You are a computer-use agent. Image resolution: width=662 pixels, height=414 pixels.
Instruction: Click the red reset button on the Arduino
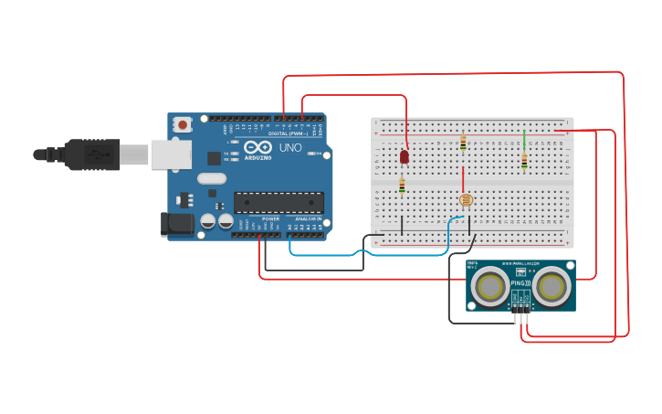183,124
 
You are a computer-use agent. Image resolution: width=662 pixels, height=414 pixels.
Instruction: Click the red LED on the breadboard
405,157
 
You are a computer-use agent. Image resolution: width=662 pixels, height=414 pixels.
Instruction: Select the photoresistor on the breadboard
465,199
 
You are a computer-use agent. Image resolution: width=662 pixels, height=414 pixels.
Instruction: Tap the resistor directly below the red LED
402,186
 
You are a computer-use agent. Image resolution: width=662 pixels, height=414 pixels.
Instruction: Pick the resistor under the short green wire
524,161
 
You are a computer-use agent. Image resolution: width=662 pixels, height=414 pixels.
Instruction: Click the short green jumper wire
524,139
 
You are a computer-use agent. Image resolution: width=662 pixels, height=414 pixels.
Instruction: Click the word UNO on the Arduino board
290,148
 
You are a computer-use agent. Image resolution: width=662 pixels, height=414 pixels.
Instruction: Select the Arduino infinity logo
257,147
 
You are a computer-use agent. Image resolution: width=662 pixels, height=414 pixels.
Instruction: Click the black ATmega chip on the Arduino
278,202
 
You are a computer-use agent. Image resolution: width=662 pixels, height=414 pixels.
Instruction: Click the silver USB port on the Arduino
170,154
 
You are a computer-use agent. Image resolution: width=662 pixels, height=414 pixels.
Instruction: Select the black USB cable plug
91,154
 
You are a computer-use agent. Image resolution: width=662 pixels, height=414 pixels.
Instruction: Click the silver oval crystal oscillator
211,179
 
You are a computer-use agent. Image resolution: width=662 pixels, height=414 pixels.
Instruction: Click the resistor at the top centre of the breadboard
463,143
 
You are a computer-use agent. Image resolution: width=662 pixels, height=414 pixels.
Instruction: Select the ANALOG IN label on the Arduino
307,218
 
